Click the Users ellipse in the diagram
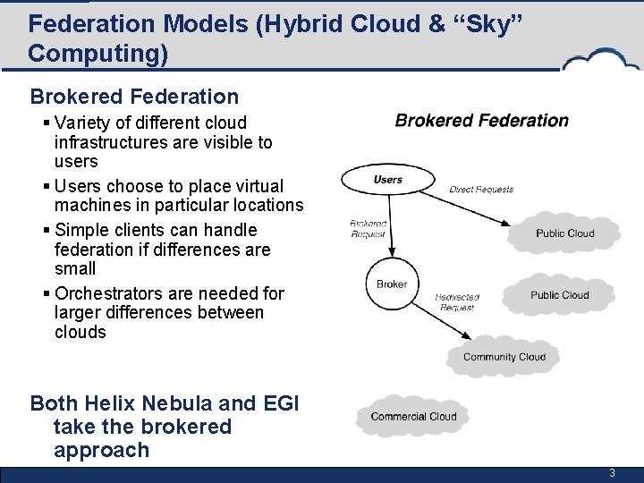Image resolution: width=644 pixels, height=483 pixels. (387, 180)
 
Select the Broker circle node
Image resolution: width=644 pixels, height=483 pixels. (391, 284)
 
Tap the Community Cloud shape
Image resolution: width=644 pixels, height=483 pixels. (504, 357)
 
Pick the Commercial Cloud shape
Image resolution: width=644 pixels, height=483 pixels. (413, 416)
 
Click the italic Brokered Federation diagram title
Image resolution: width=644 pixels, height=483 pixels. (481, 121)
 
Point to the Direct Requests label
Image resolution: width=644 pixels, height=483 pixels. (481, 190)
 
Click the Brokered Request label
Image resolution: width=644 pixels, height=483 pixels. (368, 228)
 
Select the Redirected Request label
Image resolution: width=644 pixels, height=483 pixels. (457, 302)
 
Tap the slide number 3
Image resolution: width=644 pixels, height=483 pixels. (612, 473)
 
